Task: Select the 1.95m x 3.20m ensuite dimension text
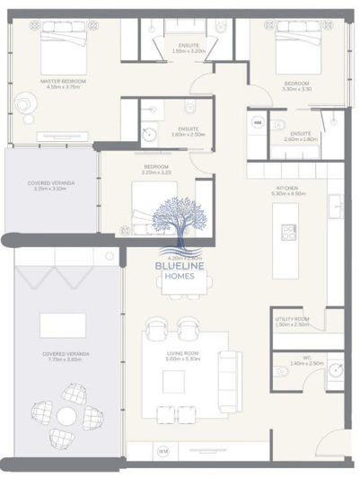(189, 52)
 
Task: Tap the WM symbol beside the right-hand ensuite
(259, 122)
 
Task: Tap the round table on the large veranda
(67, 416)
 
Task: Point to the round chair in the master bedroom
(22, 107)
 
